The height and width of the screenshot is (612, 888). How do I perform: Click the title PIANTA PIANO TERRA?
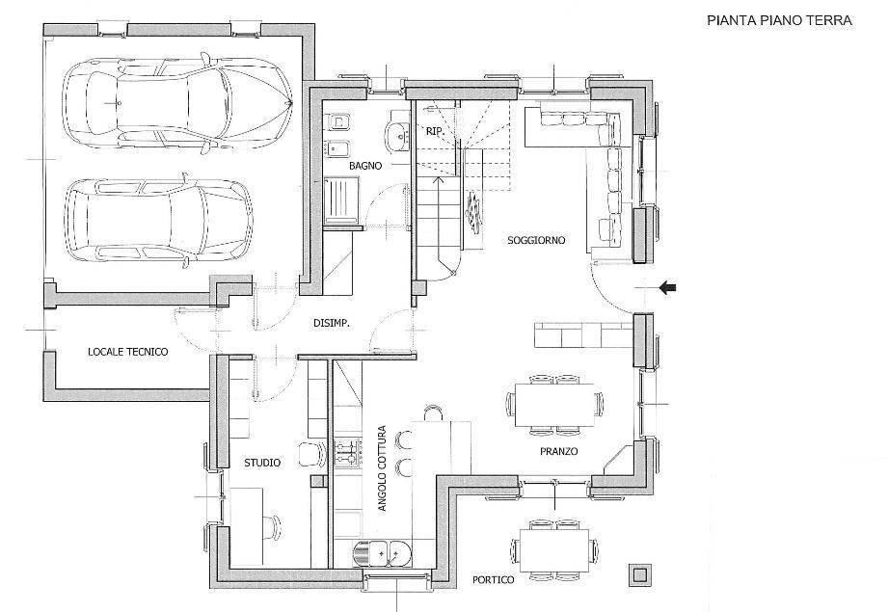click(779, 20)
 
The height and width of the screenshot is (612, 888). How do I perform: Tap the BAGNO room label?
click(365, 166)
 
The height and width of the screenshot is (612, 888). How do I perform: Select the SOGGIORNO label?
click(536, 240)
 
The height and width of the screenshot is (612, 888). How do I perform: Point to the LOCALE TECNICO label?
click(128, 352)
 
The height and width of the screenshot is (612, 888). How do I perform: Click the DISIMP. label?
click(332, 323)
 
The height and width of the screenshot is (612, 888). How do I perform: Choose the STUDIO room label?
click(262, 463)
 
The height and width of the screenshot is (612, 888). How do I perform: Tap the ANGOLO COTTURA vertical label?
click(382, 468)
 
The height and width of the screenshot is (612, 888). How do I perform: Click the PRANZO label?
click(558, 451)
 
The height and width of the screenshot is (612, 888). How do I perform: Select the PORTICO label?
click(494, 580)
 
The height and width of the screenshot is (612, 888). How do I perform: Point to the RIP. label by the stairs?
click(434, 131)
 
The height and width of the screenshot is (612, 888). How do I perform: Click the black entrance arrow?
click(668, 288)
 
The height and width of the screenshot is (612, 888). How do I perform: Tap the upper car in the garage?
click(177, 103)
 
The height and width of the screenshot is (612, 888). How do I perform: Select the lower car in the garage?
click(158, 221)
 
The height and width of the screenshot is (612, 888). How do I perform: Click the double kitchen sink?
click(381, 551)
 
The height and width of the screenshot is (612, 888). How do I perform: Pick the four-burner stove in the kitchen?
click(347, 452)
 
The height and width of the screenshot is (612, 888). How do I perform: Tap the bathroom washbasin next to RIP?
click(399, 135)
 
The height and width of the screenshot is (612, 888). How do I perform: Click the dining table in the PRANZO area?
click(554, 404)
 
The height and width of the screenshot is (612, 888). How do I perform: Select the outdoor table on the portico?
click(553, 549)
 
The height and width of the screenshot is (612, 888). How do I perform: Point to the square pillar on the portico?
click(640, 575)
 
